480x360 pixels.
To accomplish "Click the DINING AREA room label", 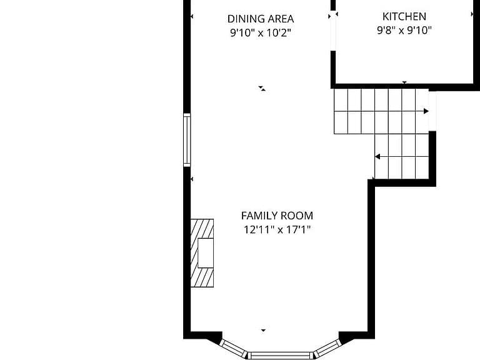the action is click(261, 19).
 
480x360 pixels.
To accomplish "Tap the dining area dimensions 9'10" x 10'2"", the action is click(260, 32).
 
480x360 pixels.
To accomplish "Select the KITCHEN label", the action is click(404, 16).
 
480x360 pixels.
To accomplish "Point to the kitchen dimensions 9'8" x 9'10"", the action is click(404, 30).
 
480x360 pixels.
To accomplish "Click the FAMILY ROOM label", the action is click(277, 216).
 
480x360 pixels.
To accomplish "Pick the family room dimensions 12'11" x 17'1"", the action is click(277, 229).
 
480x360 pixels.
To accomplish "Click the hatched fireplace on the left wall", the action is click(202, 253).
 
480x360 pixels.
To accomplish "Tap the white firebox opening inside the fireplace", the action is click(206, 253).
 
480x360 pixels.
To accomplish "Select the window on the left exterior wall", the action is click(187, 140).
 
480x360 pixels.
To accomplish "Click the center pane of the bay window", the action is click(281, 356).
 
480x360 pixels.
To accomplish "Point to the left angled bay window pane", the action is click(234, 348).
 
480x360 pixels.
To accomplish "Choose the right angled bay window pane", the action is click(327, 348).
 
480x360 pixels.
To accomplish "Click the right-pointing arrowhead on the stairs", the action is click(426, 111).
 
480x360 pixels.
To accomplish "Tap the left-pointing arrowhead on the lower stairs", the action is click(377, 157).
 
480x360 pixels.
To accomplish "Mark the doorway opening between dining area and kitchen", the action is click(333, 32).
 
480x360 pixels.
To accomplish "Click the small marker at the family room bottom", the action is click(263, 330).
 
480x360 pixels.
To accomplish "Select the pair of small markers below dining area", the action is click(262, 89).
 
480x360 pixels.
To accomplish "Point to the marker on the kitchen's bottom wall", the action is click(404, 82).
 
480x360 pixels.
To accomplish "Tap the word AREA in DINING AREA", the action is click(281, 19).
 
